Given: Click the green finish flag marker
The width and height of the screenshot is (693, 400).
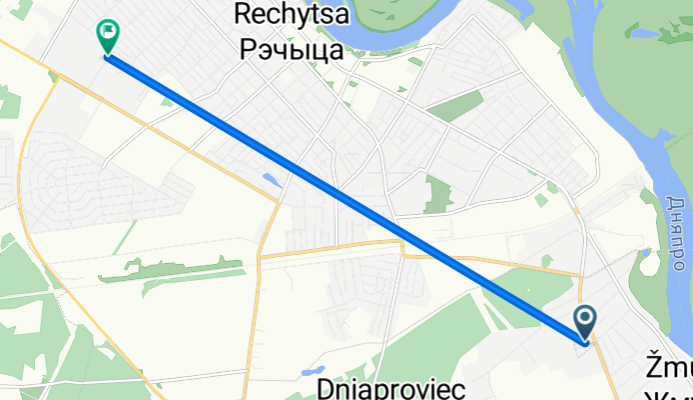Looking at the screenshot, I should coord(106,36).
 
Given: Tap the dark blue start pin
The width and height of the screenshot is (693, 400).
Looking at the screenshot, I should coord(586,322).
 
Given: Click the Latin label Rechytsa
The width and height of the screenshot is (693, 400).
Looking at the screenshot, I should coord(288,14).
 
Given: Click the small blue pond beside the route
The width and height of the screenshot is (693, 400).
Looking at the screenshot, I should coord(271,181).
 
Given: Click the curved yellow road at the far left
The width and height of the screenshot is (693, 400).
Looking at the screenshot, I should coord(25,150).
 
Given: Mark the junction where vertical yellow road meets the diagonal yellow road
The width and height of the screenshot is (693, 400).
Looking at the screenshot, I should coord(279,199).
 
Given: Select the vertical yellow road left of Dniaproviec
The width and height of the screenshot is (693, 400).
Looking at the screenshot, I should coord(251,330).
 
